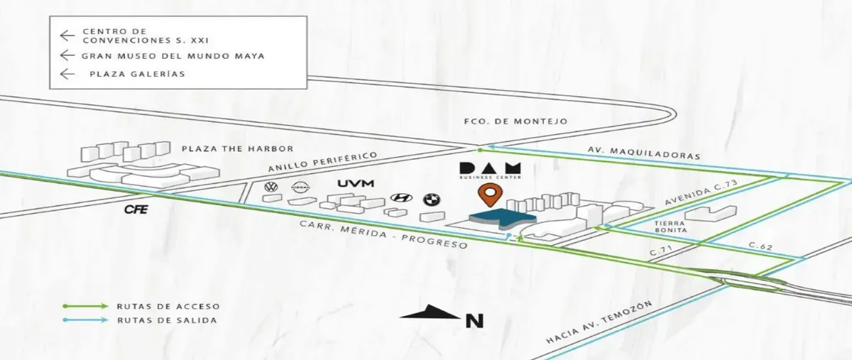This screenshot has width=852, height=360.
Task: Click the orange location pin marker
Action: tap(491, 195)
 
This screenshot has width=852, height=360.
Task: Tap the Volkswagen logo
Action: tap(271, 187)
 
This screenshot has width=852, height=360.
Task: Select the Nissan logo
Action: tap(301, 187)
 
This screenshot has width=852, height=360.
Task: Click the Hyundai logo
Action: tap(401, 197)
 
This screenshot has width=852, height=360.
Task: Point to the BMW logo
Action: tap(432, 200)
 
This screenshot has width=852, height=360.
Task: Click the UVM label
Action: tap(356, 183)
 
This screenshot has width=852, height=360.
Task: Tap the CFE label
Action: tap(136, 209)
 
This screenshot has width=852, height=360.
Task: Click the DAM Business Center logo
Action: tap(491, 170)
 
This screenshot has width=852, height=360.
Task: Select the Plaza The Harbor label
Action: tap(237, 148)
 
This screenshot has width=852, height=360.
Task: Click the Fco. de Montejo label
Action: tap(515, 121)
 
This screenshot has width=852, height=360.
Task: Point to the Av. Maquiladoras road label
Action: tap(644, 153)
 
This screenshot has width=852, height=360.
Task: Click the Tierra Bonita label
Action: tap(670, 227)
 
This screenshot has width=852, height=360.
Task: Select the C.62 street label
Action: tap(760, 246)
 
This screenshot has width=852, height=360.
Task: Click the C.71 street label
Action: tap(662, 250)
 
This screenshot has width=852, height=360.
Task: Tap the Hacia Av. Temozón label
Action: tap(599, 322)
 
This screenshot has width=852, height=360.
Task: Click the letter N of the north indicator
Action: tap(475, 320)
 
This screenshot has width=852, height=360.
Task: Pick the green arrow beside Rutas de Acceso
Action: tap(86, 306)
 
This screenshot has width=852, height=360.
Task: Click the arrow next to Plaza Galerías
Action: tap(67, 73)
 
